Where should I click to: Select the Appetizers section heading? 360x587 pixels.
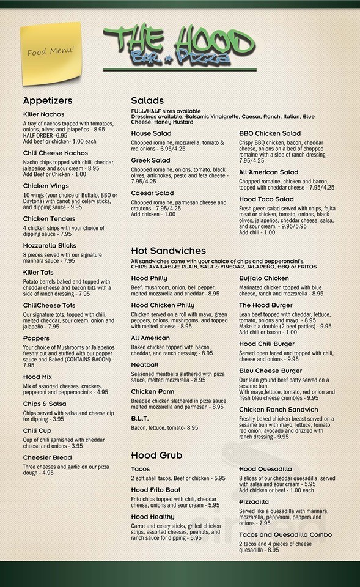tap(48, 101)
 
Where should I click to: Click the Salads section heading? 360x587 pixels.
tap(147, 101)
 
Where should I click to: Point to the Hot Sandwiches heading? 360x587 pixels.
tap(168, 251)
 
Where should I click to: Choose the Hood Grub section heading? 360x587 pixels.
tap(156, 455)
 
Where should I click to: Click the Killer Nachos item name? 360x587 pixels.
tap(43, 114)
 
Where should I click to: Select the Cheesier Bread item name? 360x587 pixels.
tap(47, 457)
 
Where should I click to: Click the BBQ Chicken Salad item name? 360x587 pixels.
tap(270, 133)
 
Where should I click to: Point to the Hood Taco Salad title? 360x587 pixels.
tap(266, 199)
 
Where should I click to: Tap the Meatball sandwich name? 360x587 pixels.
tap(144, 364)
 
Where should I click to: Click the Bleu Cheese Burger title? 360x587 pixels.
tap(270, 371)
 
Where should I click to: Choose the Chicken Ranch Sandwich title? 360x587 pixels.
tap(277, 410)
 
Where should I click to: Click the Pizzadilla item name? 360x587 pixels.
tap(254, 502)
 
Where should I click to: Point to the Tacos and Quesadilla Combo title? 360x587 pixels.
tap(285, 535)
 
